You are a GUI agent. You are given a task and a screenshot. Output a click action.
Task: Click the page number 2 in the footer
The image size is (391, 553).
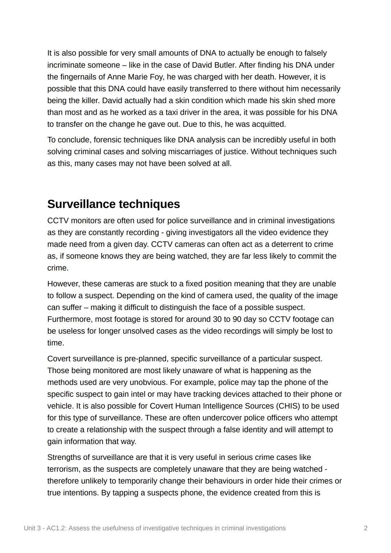point(366,528)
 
